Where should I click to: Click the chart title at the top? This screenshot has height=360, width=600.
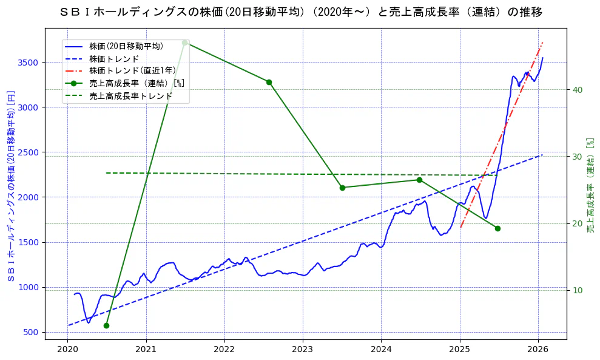302,12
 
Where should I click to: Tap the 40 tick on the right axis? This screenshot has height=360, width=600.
578,90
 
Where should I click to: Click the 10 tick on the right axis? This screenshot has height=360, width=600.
578,290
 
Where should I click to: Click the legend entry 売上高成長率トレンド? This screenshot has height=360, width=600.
130,96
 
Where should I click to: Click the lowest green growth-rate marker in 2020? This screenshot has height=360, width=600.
106,325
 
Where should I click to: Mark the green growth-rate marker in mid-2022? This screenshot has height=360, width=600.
269,82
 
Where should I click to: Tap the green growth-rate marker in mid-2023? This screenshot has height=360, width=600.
342,188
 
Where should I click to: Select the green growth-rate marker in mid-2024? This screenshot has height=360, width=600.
419,180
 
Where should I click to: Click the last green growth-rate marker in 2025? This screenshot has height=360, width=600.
497,228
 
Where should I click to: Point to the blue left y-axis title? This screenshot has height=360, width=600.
10,186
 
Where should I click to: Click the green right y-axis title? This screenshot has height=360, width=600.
590,185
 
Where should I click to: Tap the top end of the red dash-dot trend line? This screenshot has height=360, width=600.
542,42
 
